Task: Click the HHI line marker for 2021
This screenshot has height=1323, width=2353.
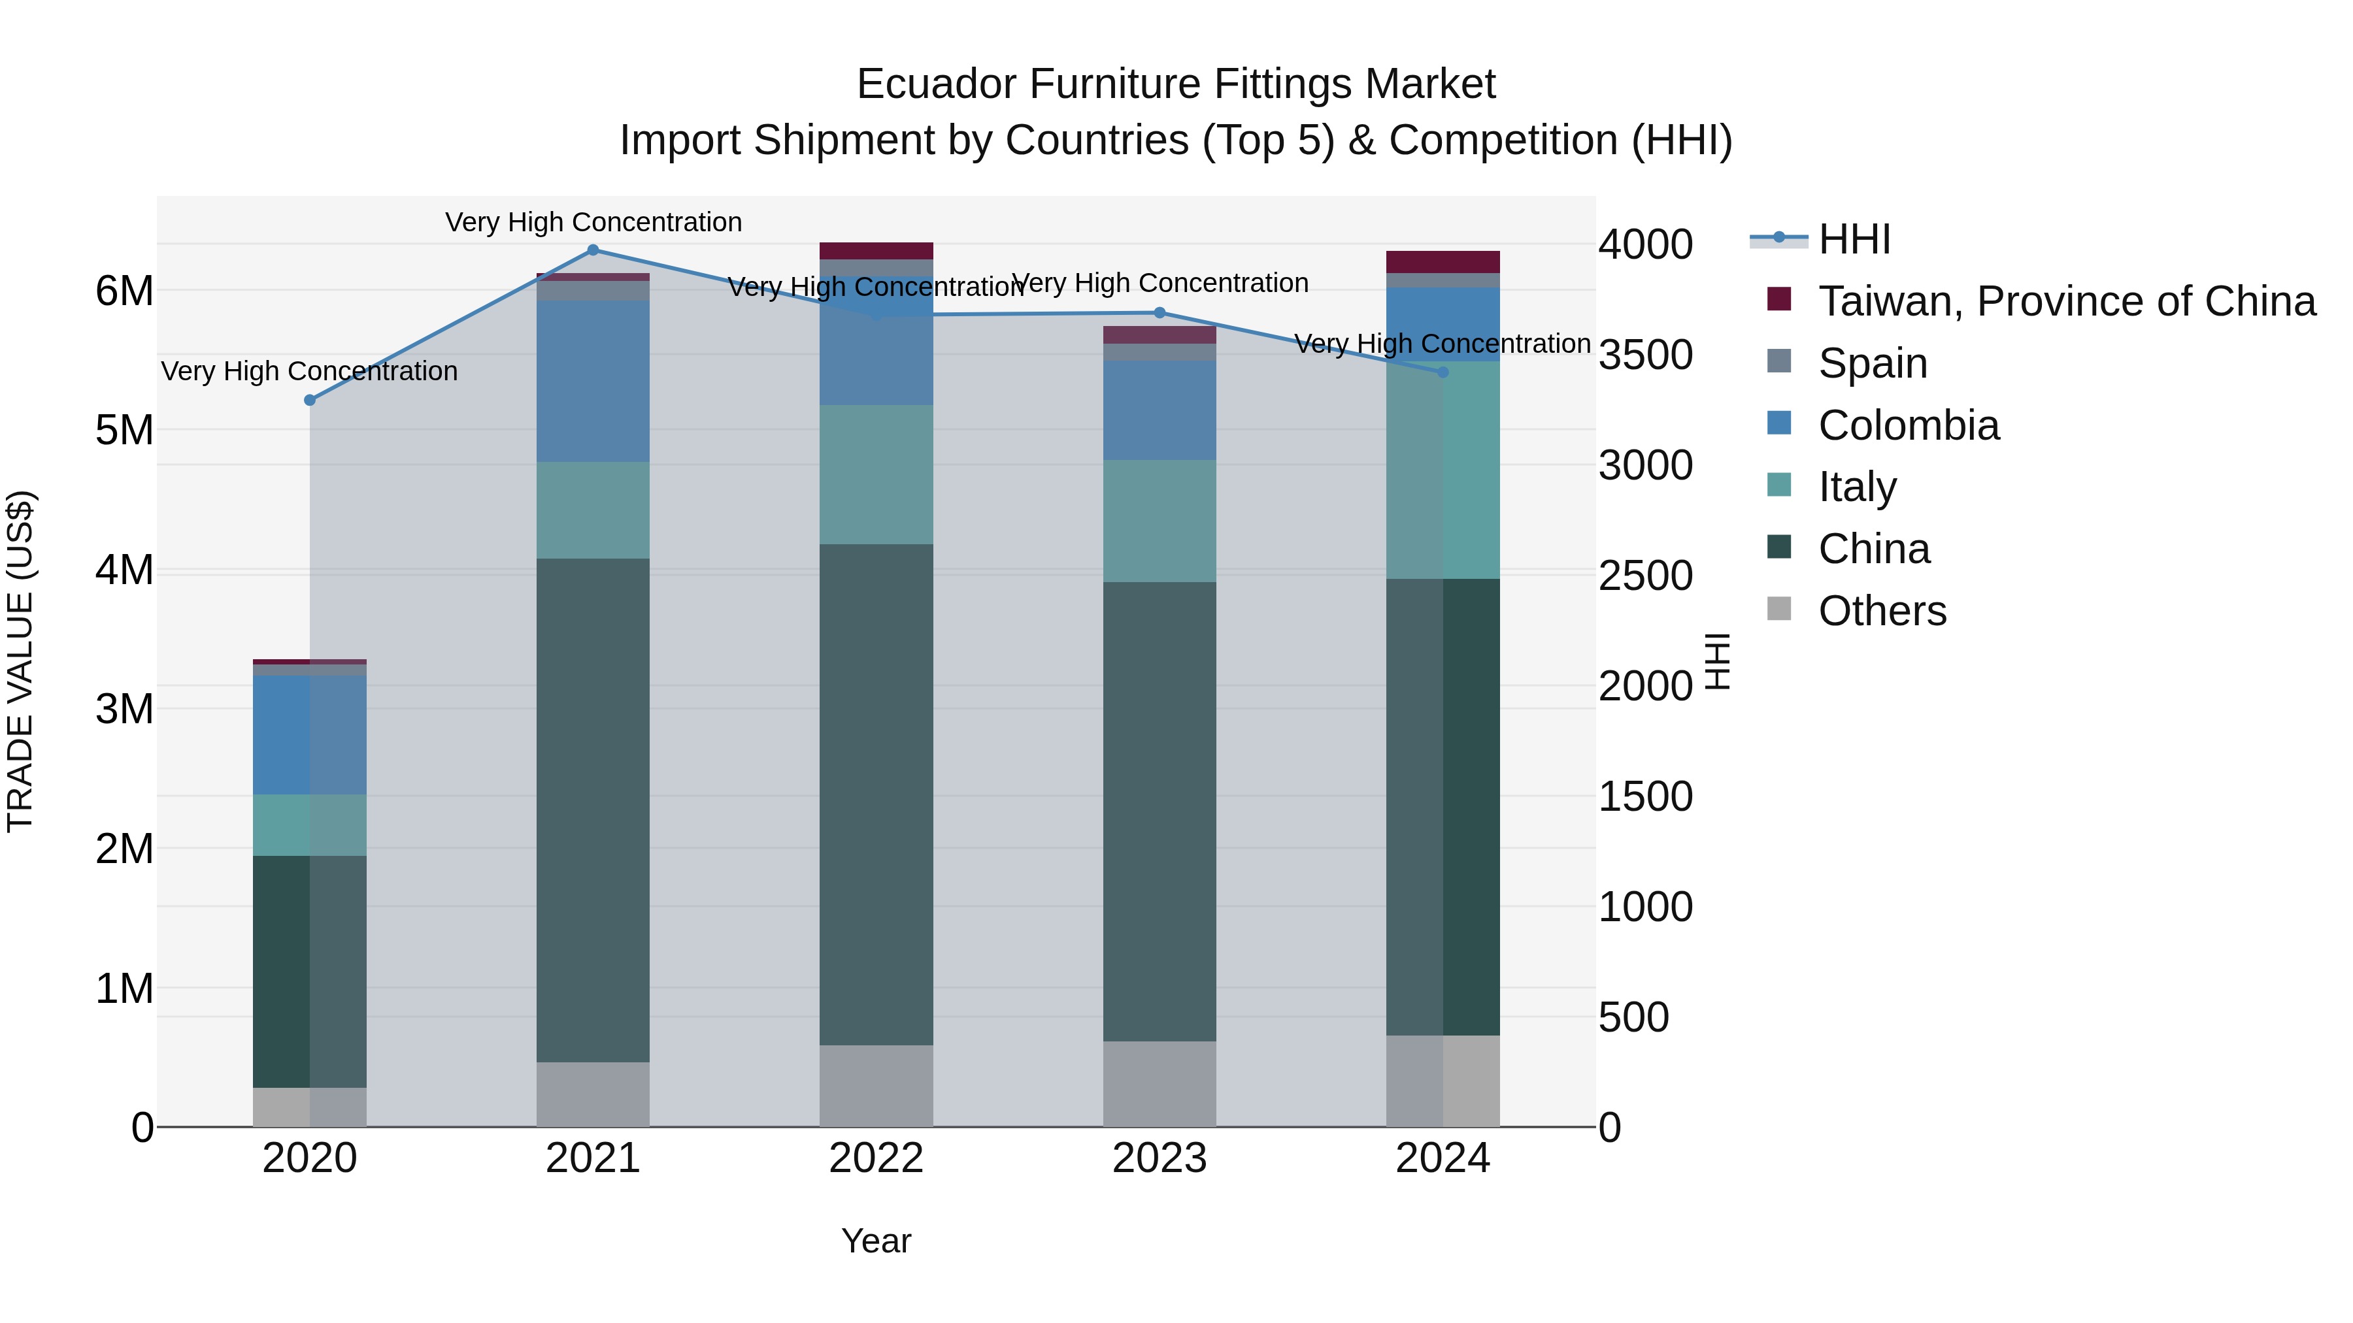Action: pos(593,250)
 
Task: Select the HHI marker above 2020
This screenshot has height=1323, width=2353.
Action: pos(310,400)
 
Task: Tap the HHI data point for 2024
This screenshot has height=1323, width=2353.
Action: pos(1443,372)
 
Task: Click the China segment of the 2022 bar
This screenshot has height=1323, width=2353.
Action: pos(876,794)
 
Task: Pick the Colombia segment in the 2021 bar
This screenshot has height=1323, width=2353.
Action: pos(593,381)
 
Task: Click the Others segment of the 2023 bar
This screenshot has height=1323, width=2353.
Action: pos(1159,1084)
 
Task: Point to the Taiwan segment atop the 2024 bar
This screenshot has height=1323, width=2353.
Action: pos(1443,262)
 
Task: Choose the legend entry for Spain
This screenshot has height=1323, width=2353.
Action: pos(1873,363)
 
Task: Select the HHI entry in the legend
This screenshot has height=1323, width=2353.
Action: pos(1854,239)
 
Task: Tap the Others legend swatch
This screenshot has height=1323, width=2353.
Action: pos(1779,609)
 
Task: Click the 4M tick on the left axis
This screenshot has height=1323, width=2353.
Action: pos(124,570)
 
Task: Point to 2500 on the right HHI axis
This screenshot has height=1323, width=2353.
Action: pos(1645,576)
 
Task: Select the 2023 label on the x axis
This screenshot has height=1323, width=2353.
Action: pos(1159,1158)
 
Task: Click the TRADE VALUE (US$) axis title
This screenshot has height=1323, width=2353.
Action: pos(20,661)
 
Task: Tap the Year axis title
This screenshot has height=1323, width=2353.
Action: pos(876,1241)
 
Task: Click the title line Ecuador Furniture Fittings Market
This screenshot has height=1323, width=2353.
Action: pos(1176,84)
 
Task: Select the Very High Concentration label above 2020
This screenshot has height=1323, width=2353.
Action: pos(310,372)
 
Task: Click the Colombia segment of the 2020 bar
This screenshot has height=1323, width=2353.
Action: pos(310,734)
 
